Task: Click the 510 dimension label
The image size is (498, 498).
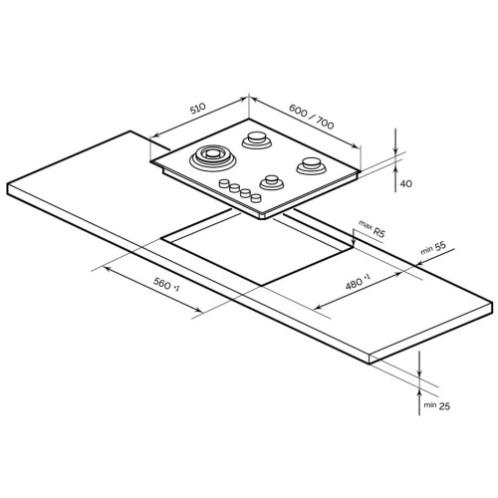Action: [198, 109]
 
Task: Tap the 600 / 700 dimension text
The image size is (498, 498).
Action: [312, 117]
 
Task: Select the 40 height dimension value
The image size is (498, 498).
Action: [405, 183]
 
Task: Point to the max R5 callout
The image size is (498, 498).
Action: [372, 228]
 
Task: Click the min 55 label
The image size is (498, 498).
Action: [433, 248]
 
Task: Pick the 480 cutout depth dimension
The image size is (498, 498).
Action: [358, 282]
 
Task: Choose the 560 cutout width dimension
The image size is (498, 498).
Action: [166, 285]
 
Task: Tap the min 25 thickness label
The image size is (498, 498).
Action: [437, 405]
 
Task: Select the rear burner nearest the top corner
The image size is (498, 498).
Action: [256, 139]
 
